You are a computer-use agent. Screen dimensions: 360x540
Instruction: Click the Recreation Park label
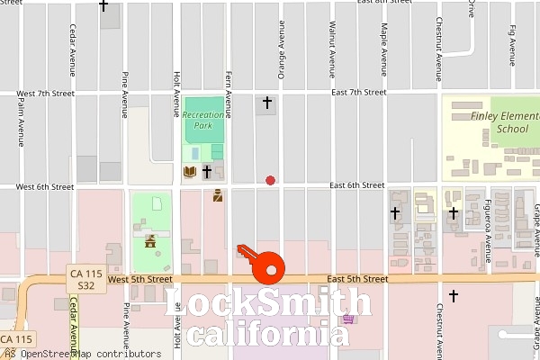coord(202,120)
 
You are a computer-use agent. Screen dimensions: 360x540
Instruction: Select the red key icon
coord(262,263)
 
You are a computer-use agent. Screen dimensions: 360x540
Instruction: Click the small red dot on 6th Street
coord(270,180)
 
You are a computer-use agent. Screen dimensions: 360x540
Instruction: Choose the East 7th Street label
coord(358,93)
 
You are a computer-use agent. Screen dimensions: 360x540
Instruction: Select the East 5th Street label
coord(358,280)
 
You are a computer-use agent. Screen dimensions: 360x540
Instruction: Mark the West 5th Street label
coord(139,280)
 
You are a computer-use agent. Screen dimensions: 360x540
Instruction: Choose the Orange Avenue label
coord(281,49)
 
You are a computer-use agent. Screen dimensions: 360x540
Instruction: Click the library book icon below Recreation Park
coord(189,171)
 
